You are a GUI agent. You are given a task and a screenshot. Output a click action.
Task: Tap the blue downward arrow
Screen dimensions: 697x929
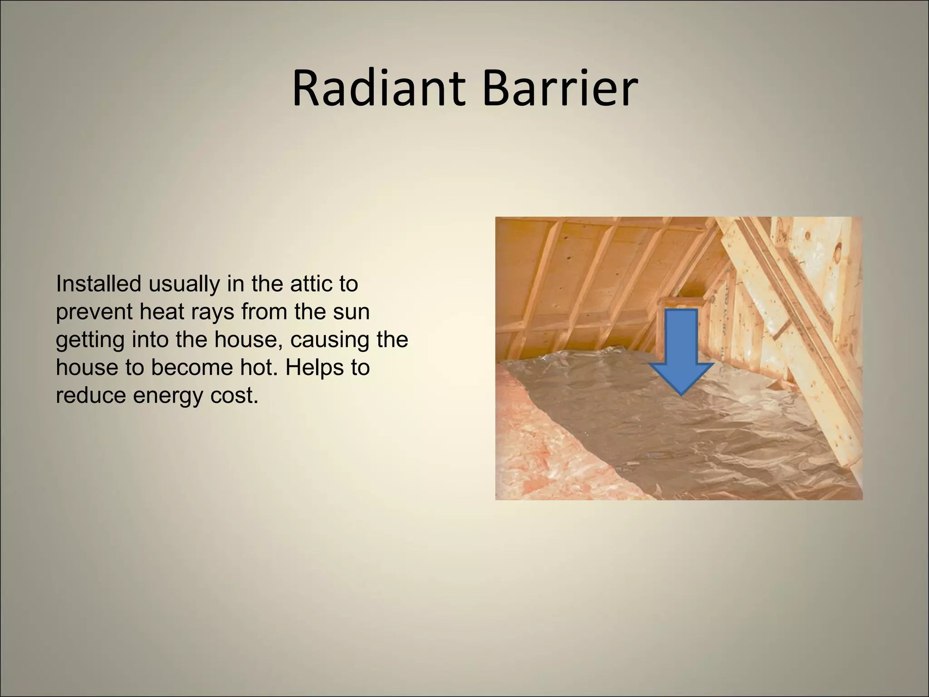681,349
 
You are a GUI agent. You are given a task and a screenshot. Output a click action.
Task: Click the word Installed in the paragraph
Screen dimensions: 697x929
98,284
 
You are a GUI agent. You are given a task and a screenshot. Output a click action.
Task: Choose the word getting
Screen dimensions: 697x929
90,340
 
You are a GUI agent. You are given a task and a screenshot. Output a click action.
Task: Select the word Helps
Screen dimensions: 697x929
313,368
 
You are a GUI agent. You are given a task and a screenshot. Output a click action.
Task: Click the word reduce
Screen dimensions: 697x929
91,396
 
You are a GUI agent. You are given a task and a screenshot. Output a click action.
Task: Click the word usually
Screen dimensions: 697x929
184,285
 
